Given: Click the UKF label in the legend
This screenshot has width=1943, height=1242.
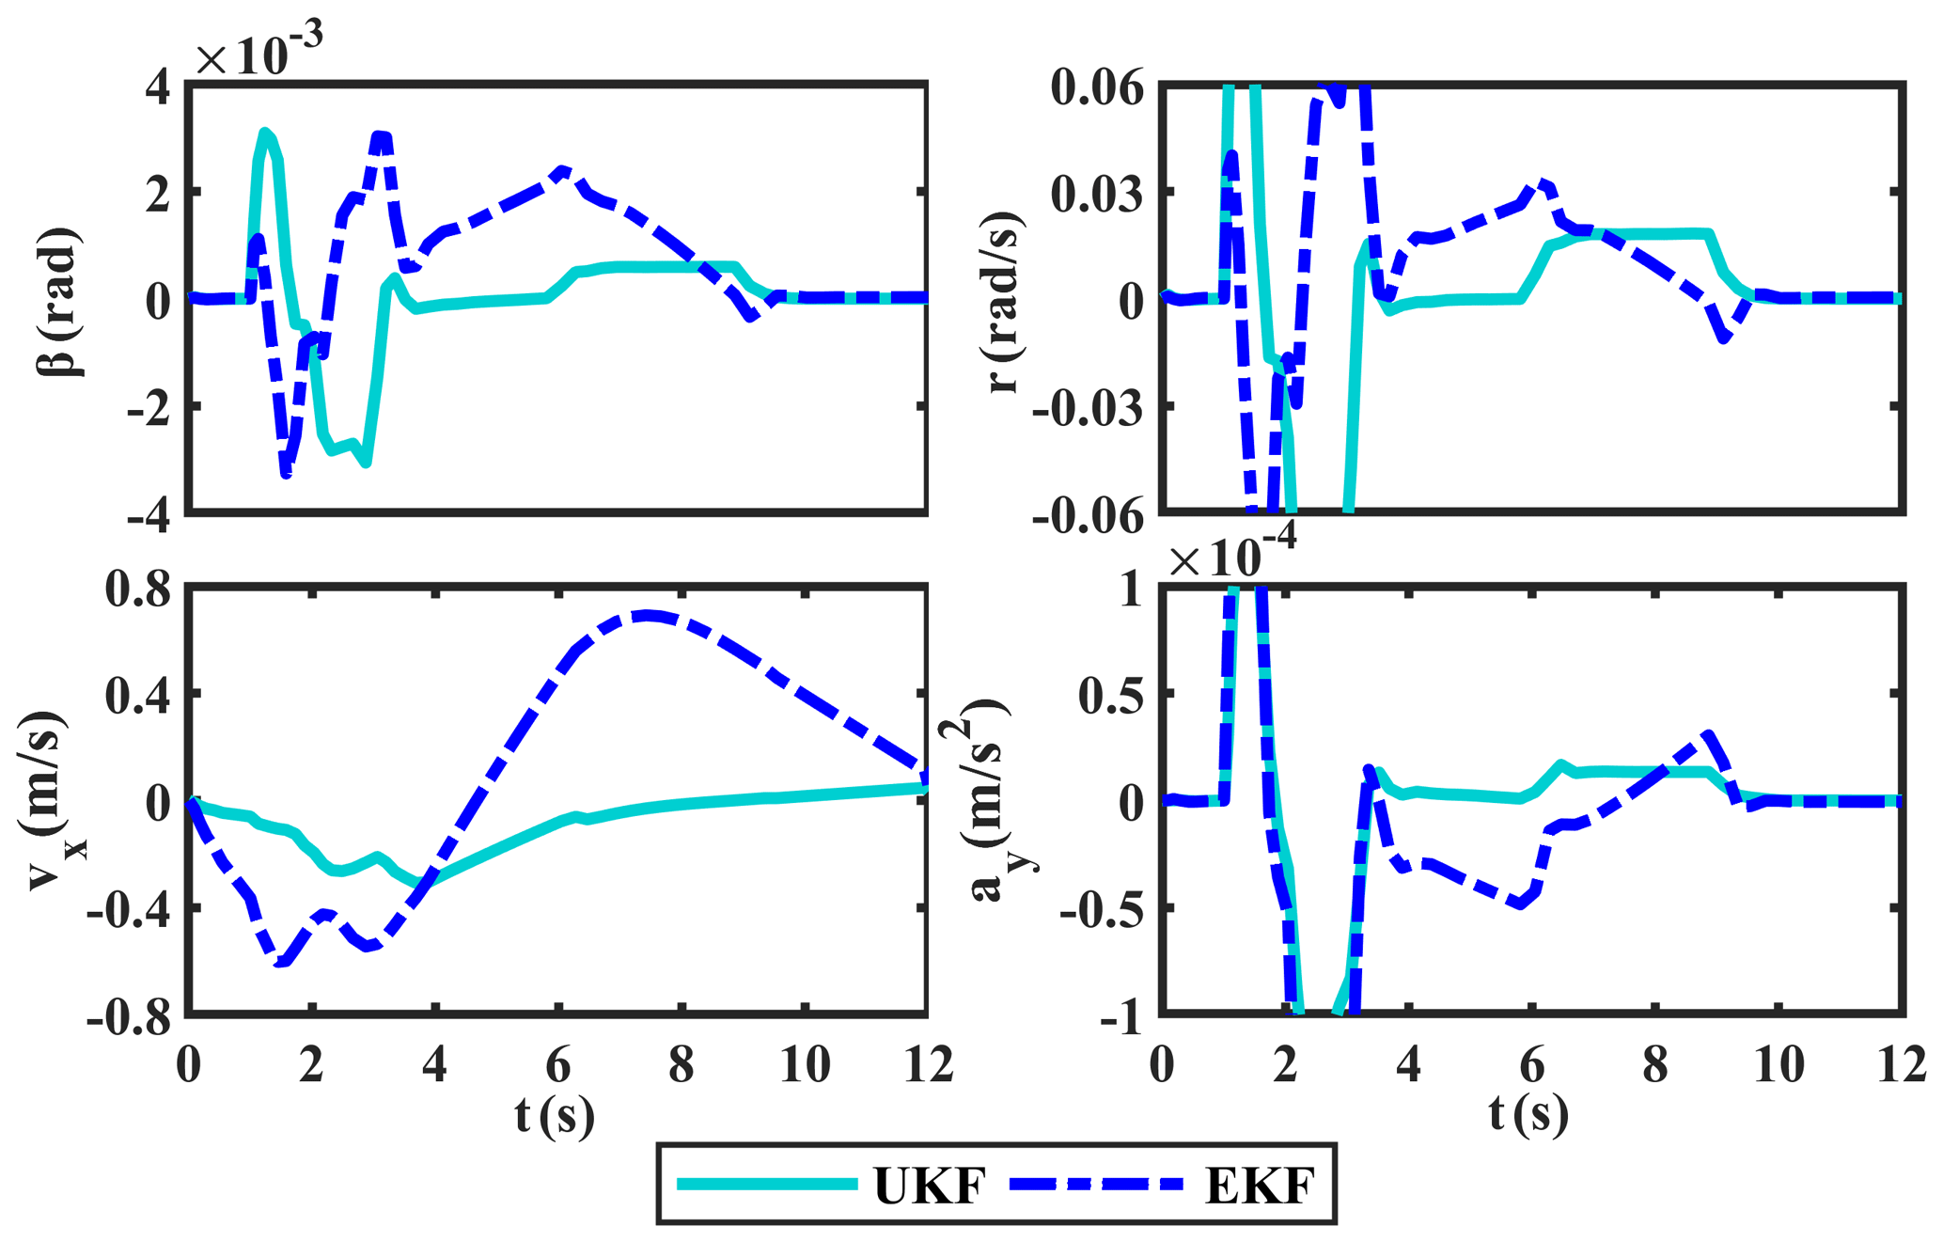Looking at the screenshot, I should [x=930, y=1186].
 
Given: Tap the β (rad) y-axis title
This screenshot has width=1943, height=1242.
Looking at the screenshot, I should [x=59, y=301].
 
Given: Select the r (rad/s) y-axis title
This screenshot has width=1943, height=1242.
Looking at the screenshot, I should [x=1005, y=301].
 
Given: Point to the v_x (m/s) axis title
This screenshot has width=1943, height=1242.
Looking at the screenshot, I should [x=52, y=801].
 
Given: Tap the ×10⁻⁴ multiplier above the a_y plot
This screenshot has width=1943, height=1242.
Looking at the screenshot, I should [x=1232, y=555].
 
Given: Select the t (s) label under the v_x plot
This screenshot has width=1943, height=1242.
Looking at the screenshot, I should [x=556, y=1115].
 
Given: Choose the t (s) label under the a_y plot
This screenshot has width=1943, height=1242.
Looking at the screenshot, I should [x=1528, y=1115].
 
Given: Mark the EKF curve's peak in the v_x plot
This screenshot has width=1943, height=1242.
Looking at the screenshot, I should [x=647, y=616].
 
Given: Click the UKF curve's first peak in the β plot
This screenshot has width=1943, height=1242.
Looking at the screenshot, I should [x=265, y=133].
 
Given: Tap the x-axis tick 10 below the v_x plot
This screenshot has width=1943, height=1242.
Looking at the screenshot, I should [x=806, y=1065].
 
